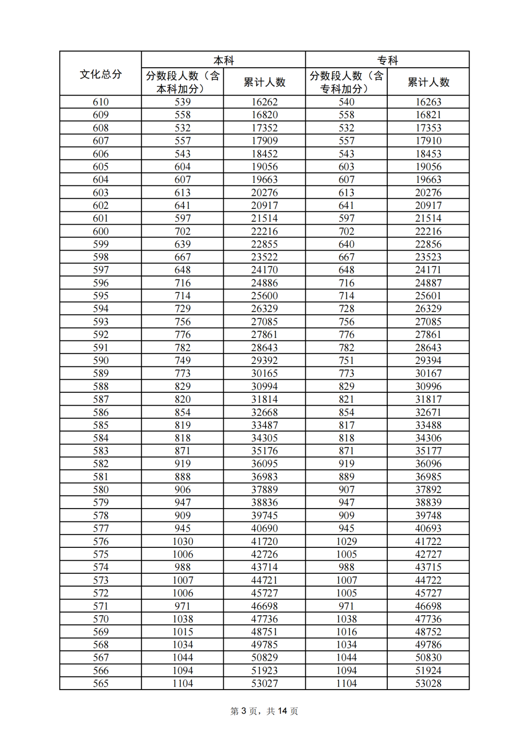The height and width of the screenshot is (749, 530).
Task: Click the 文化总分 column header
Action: pos(101,74)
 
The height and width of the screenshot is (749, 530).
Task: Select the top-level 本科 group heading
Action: pos(223,60)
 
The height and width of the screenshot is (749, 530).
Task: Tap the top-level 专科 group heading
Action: pos(387,60)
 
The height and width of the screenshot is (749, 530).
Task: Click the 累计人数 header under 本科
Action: pos(265,82)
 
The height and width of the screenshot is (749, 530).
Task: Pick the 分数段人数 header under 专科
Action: pos(346,82)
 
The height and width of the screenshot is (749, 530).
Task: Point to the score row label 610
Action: pos(101,102)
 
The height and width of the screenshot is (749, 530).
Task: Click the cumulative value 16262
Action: pos(265,102)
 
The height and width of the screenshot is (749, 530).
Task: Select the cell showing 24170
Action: pos(265,270)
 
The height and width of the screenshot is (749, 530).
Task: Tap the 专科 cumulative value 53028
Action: pos(428,683)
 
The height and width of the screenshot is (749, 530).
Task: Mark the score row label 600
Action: pos(101,231)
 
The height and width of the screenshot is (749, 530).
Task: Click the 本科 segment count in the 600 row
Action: pos(183,231)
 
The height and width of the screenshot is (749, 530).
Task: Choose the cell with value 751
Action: pos(346,361)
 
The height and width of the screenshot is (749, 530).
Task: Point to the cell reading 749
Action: pos(183,361)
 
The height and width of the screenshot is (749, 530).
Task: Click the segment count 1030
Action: pos(183,542)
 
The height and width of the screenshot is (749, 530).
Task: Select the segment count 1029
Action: pos(346,542)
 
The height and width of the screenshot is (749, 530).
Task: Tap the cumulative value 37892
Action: pos(428,490)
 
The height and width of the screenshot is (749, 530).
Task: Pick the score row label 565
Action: pos(101,683)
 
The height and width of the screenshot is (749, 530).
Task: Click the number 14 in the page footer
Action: pos(282,711)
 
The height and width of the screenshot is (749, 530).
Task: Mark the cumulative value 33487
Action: pos(265,425)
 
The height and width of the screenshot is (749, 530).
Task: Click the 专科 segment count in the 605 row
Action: pos(346,167)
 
